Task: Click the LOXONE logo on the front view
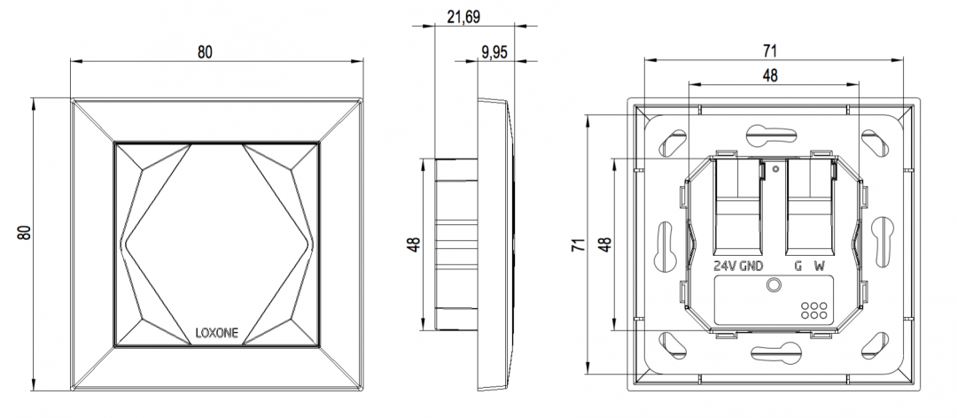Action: click(x=216, y=334)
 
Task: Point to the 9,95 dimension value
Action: click(x=494, y=52)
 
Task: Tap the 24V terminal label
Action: click(x=726, y=266)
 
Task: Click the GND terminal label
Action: click(x=752, y=266)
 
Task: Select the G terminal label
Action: click(x=797, y=266)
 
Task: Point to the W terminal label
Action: click(x=820, y=266)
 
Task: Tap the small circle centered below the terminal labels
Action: click(x=775, y=285)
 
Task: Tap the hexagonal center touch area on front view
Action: click(x=216, y=241)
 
